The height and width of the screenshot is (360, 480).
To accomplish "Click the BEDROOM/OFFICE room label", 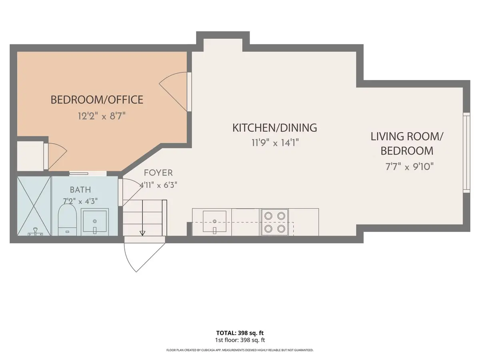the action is pyautogui.click(x=97, y=100).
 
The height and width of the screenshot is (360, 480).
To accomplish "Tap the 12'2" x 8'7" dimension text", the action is pyautogui.click(x=102, y=116).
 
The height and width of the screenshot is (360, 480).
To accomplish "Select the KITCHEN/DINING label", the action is pyautogui.click(x=275, y=128).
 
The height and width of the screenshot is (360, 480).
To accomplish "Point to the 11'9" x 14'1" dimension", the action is pyautogui.click(x=275, y=143).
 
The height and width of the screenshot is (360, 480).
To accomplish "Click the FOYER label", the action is pyautogui.click(x=158, y=173).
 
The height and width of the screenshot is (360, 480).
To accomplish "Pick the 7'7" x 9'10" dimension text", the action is pyautogui.click(x=409, y=167).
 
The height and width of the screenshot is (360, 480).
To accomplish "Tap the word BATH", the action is pyautogui.click(x=80, y=190).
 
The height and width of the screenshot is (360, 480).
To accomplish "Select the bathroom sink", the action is pyautogui.click(x=95, y=222).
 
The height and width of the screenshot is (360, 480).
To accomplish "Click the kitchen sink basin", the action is pyautogui.click(x=214, y=221).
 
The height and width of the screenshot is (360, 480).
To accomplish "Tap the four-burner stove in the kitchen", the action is pyautogui.click(x=275, y=222).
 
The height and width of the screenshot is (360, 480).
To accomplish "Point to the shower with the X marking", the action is pyautogui.click(x=34, y=206).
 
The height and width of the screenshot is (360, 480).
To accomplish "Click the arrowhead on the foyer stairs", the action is pyautogui.click(x=142, y=233).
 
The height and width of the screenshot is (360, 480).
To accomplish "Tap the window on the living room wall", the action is pyautogui.click(x=466, y=152).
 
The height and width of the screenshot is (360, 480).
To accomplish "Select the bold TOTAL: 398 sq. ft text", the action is pyautogui.click(x=240, y=333).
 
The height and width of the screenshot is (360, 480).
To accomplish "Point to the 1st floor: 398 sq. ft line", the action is pyautogui.click(x=240, y=340).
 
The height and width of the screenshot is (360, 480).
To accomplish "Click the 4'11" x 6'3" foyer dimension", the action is pyautogui.click(x=158, y=185).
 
